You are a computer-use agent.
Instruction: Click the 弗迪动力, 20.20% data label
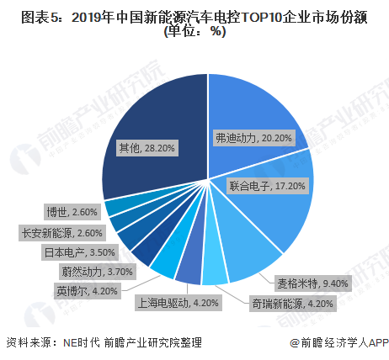click(253, 135)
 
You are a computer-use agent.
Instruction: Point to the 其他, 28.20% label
click(144, 148)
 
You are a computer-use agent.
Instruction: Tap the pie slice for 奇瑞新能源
click(216, 268)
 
